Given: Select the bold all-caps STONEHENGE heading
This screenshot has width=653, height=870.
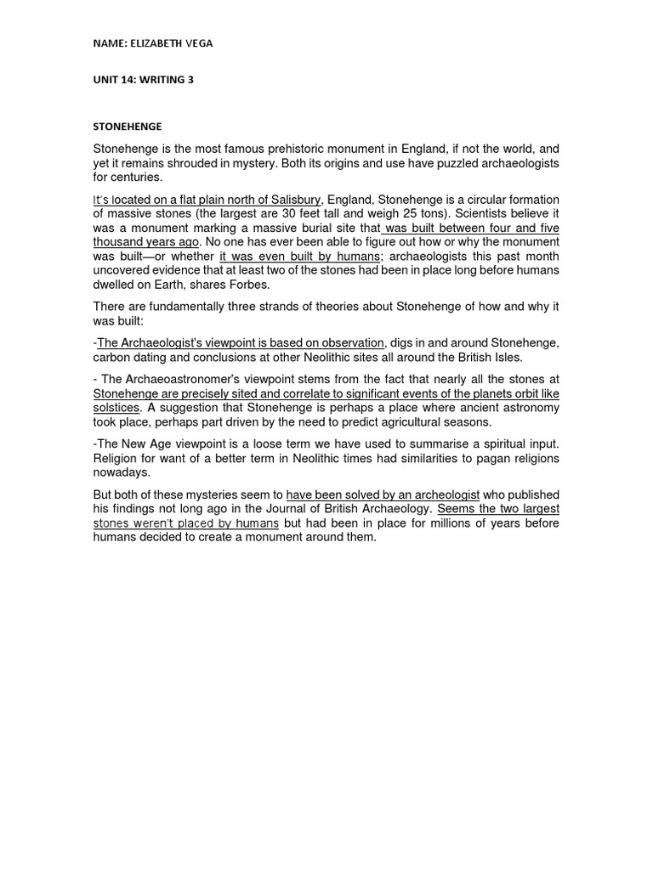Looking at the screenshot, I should point(127,127).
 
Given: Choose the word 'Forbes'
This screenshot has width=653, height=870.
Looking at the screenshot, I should point(248,285).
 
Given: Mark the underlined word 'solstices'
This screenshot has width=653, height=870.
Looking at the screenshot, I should point(116,408).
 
